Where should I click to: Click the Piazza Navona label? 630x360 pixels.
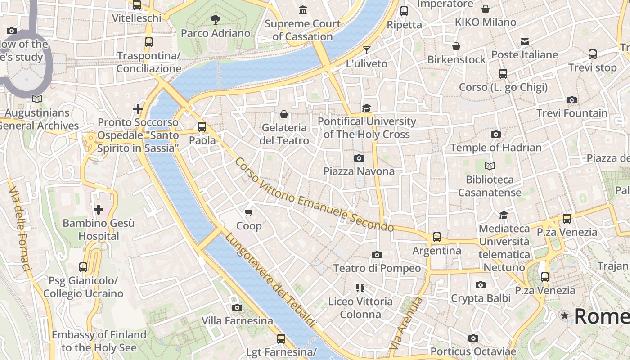(x=359, y=171)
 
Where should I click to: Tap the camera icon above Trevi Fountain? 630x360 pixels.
(x=571, y=100)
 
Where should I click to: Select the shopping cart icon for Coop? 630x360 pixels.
(x=248, y=212)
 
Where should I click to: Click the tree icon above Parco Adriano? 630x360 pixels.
(x=216, y=19)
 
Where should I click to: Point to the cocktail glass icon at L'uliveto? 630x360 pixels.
(x=367, y=50)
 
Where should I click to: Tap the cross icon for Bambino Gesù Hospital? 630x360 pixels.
(x=98, y=209)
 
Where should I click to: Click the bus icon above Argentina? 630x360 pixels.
(x=436, y=237)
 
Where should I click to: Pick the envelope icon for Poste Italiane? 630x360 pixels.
(x=524, y=42)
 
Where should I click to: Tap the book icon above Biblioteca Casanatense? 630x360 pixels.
(x=489, y=166)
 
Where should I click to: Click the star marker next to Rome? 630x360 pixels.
(x=564, y=316)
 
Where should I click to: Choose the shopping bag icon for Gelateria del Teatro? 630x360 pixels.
(x=284, y=114)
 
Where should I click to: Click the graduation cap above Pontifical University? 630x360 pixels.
(x=366, y=108)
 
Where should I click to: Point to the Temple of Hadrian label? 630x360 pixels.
(x=495, y=148)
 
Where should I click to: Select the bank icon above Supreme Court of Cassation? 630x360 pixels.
(x=303, y=10)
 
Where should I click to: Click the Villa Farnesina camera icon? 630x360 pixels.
(x=237, y=307)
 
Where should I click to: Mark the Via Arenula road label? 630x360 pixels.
(x=406, y=323)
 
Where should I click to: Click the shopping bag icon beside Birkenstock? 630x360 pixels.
(x=456, y=46)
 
